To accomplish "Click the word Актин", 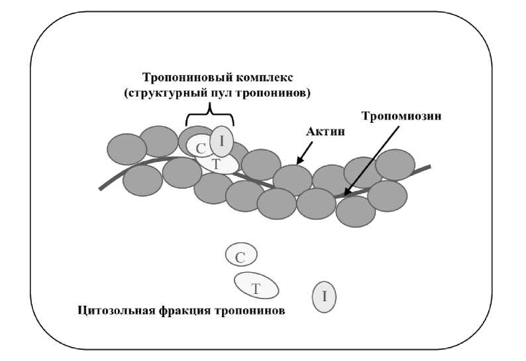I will click(x=327, y=133).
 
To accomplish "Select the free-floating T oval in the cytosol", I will click(x=256, y=286).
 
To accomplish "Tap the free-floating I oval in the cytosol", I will click(x=324, y=296).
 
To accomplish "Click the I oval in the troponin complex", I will click(x=222, y=141).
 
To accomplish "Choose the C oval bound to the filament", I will click(x=199, y=147).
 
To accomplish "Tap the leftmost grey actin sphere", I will click(x=127, y=149).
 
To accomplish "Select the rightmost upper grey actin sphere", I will click(x=395, y=165).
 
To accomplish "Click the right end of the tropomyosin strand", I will click(x=429, y=167).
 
